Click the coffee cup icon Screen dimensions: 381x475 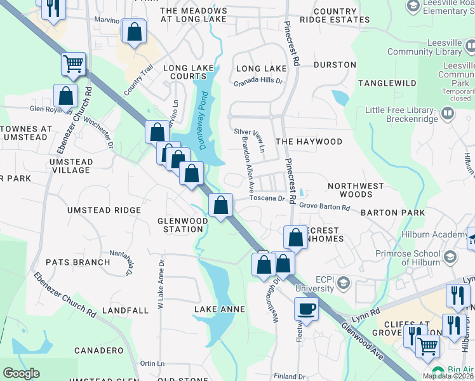click(x=306, y=310)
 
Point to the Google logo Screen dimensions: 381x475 click(x=21, y=373)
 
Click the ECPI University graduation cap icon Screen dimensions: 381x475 click(x=344, y=282)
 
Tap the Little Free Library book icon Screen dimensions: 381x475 click(x=448, y=114)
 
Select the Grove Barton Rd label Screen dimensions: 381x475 click(x=324, y=207)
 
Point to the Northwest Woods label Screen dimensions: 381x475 click(x=356, y=190)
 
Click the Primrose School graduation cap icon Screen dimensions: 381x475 click(x=450, y=257)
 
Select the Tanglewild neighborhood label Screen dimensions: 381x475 click(x=387, y=83)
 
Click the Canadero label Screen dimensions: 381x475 click(x=98, y=351)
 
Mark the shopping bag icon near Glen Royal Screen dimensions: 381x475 click(x=66, y=97)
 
